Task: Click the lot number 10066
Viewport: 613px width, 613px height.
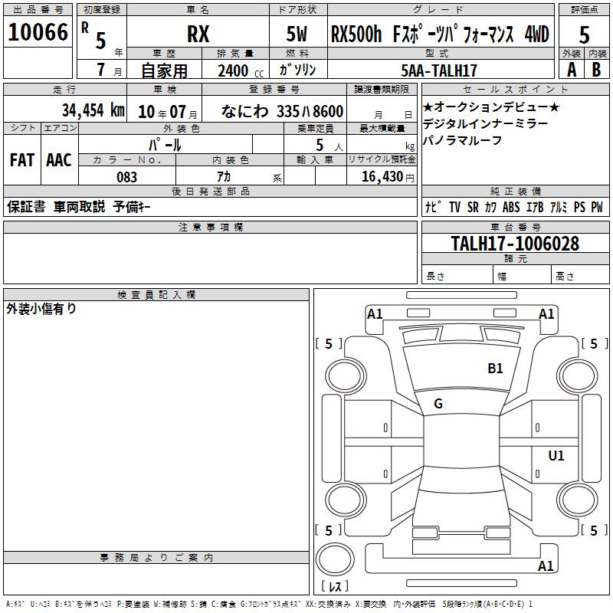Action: click(x=38, y=32)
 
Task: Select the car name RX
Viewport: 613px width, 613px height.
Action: click(x=198, y=34)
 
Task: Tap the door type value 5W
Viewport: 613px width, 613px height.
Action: click(x=297, y=34)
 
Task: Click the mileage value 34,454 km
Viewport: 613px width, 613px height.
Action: click(x=93, y=110)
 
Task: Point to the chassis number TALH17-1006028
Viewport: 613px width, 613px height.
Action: click(x=515, y=244)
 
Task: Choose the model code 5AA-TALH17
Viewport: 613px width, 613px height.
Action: click(x=439, y=70)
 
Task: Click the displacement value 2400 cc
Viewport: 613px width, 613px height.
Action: click(x=240, y=70)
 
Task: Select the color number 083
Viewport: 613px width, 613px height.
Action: click(x=127, y=177)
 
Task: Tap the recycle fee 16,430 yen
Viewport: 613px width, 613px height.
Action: click(x=388, y=177)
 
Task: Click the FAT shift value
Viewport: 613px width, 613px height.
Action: click(x=22, y=160)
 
